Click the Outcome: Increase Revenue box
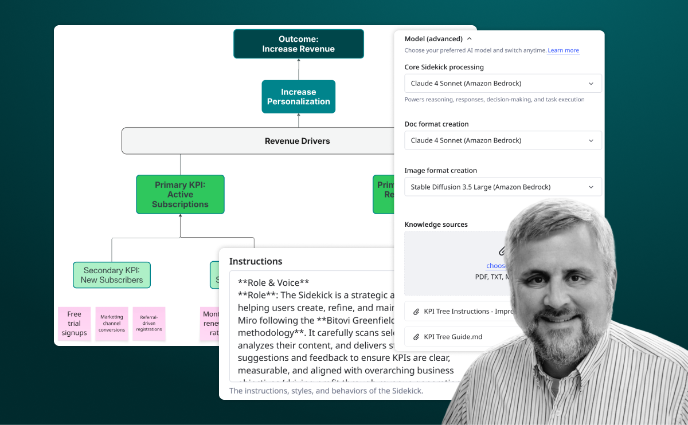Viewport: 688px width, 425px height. click(298, 44)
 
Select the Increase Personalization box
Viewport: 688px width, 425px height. click(298, 97)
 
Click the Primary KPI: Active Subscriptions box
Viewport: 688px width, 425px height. click(180, 195)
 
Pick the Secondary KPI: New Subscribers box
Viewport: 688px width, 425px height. click(112, 275)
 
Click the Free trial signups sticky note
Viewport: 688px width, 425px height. click(75, 324)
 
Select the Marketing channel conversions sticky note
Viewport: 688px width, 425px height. click(112, 324)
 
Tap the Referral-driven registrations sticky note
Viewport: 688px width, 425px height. click(149, 324)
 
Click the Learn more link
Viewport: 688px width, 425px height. click(563, 50)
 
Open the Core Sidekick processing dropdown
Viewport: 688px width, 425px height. click(503, 84)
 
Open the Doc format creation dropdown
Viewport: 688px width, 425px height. click(503, 140)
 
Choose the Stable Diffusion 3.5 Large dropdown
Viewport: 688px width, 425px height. click(503, 187)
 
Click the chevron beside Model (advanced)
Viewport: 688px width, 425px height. click(470, 39)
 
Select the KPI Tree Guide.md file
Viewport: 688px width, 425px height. click(453, 337)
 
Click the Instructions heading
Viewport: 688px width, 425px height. click(256, 261)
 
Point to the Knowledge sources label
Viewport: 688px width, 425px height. click(436, 225)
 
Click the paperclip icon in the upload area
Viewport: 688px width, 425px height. click(502, 251)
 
